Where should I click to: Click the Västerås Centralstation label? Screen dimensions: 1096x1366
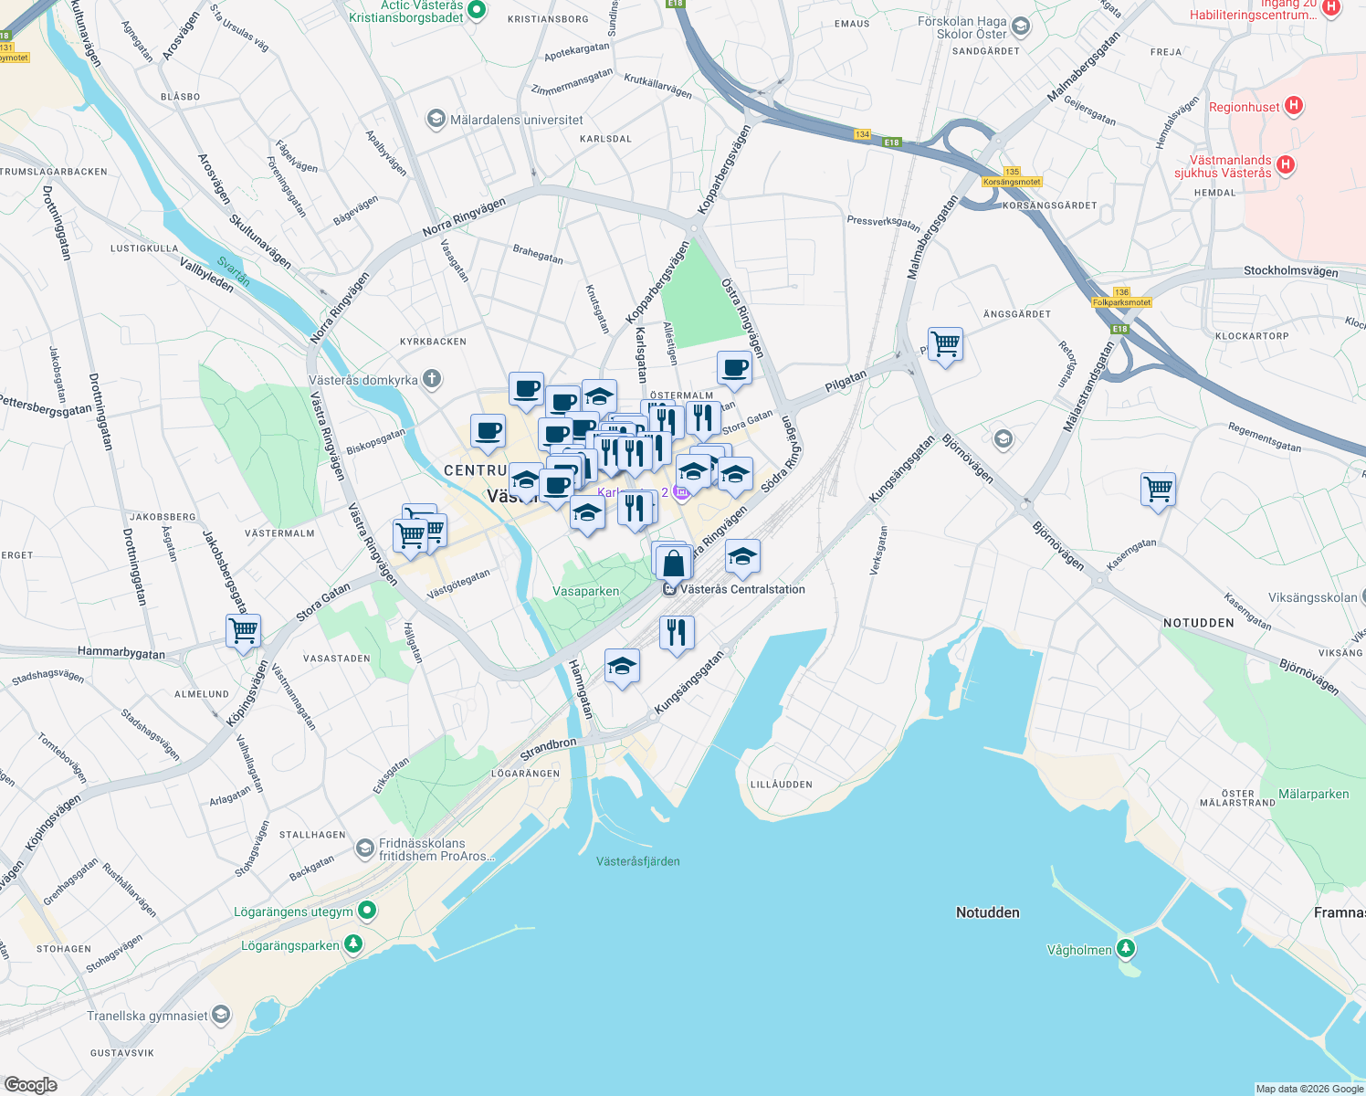tap(741, 589)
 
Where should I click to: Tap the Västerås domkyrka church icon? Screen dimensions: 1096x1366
tap(433, 379)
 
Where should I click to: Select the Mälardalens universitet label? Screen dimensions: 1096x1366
tap(516, 120)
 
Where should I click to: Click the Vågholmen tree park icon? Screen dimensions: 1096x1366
tap(1127, 949)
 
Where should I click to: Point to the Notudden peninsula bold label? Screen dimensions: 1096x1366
tap(987, 912)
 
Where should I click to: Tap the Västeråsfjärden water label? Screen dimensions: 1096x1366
tap(637, 861)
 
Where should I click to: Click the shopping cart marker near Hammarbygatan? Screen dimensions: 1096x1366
tap(244, 631)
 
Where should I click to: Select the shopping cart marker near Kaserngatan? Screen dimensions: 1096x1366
tap(1158, 489)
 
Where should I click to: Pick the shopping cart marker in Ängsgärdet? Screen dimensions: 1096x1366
tap(945, 344)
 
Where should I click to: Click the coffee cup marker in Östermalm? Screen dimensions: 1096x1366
tap(734, 368)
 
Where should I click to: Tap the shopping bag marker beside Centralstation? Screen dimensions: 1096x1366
tap(674, 563)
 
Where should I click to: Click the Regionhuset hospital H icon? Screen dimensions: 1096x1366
tap(1293, 106)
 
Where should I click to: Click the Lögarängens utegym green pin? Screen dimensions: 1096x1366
tap(367, 911)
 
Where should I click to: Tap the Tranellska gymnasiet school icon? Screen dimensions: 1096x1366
tap(220, 1015)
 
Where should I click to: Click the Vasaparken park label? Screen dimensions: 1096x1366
tap(586, 591)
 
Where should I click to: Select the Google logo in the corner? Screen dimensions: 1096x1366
tap(30, 1084)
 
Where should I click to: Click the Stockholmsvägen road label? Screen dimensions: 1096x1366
tap(1290, 271)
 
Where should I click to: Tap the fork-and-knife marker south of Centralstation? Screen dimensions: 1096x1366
tap(677, 631)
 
